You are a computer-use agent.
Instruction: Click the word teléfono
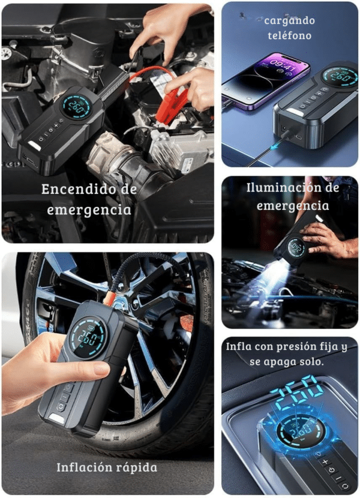[x=290, y=35]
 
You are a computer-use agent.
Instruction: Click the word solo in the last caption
[x=311, y=362]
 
